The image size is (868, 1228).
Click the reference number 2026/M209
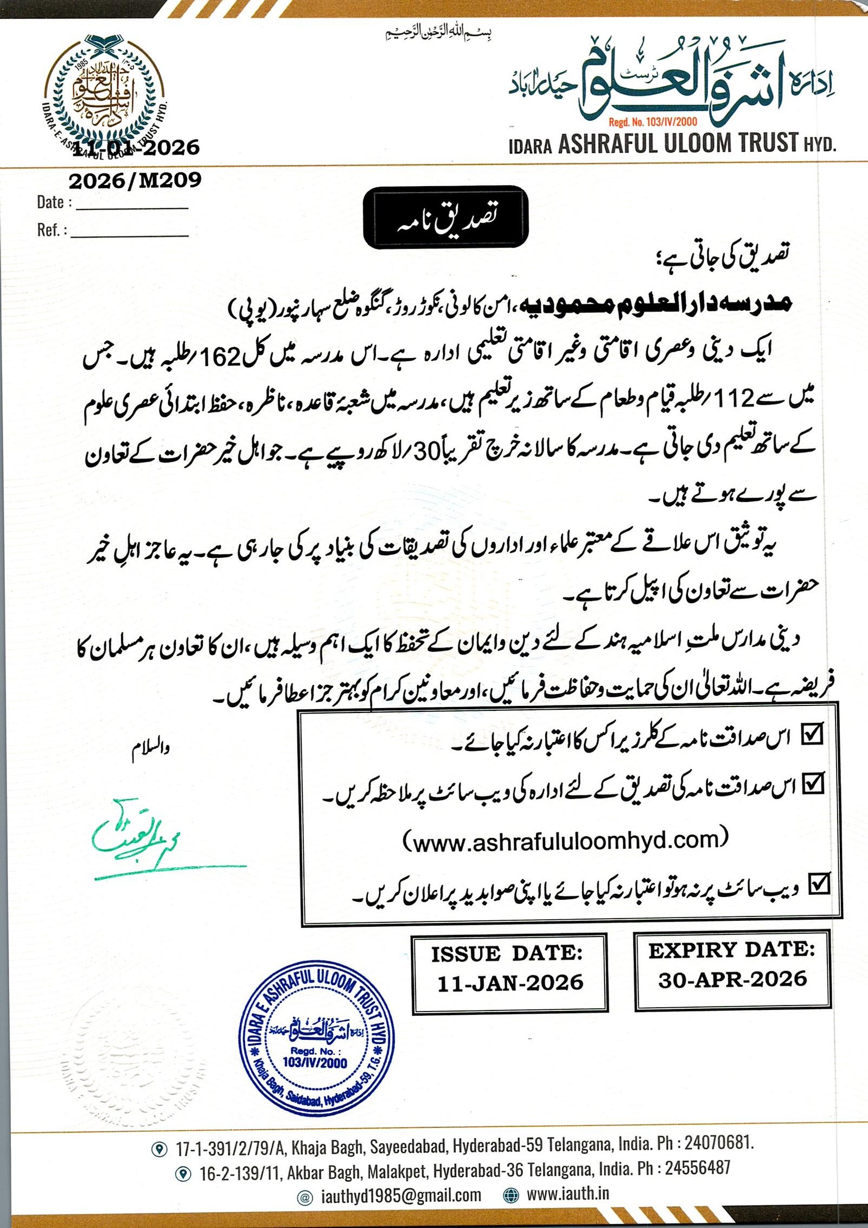(x=135, y=180)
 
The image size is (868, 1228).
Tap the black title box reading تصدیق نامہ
(x=445, y=217)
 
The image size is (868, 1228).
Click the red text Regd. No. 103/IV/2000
(x=653, y=122)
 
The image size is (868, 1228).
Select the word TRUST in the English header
(x=769, y=143)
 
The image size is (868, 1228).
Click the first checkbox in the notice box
(x=812, y=733)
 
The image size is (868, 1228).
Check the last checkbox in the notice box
(x=819, y=883)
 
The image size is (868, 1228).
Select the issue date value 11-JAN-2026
(x=510, y=983)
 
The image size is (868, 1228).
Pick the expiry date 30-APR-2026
(x=732, y=979)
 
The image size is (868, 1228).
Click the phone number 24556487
(x=698, y=1167)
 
